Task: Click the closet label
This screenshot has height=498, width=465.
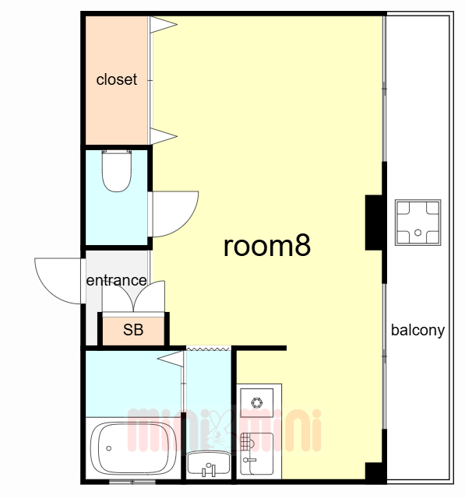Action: coord(117,79)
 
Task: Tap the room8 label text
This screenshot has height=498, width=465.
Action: coord(267,246)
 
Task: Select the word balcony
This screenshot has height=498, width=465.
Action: coord(417,331)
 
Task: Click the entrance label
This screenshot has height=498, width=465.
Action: coord(116,280)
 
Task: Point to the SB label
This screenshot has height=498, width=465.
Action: coord(133,330)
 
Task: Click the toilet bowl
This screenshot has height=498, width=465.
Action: coord(117,171)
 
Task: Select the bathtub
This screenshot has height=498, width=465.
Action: coord(133,448)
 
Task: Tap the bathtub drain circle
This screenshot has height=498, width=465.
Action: coord(109,448)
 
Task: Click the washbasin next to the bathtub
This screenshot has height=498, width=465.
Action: coord(209,464)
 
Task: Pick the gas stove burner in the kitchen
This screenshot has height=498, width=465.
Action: coord(257,403)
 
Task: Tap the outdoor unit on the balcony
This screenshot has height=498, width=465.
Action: coord(418,223)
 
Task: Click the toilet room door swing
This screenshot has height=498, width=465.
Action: coord(175,214)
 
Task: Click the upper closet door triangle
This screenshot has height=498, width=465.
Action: coord(163,24)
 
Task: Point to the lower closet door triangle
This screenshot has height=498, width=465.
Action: coord(163,136)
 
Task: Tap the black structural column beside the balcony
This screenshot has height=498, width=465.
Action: coord(375,223)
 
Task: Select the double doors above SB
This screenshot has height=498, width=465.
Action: coord(133,296)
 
